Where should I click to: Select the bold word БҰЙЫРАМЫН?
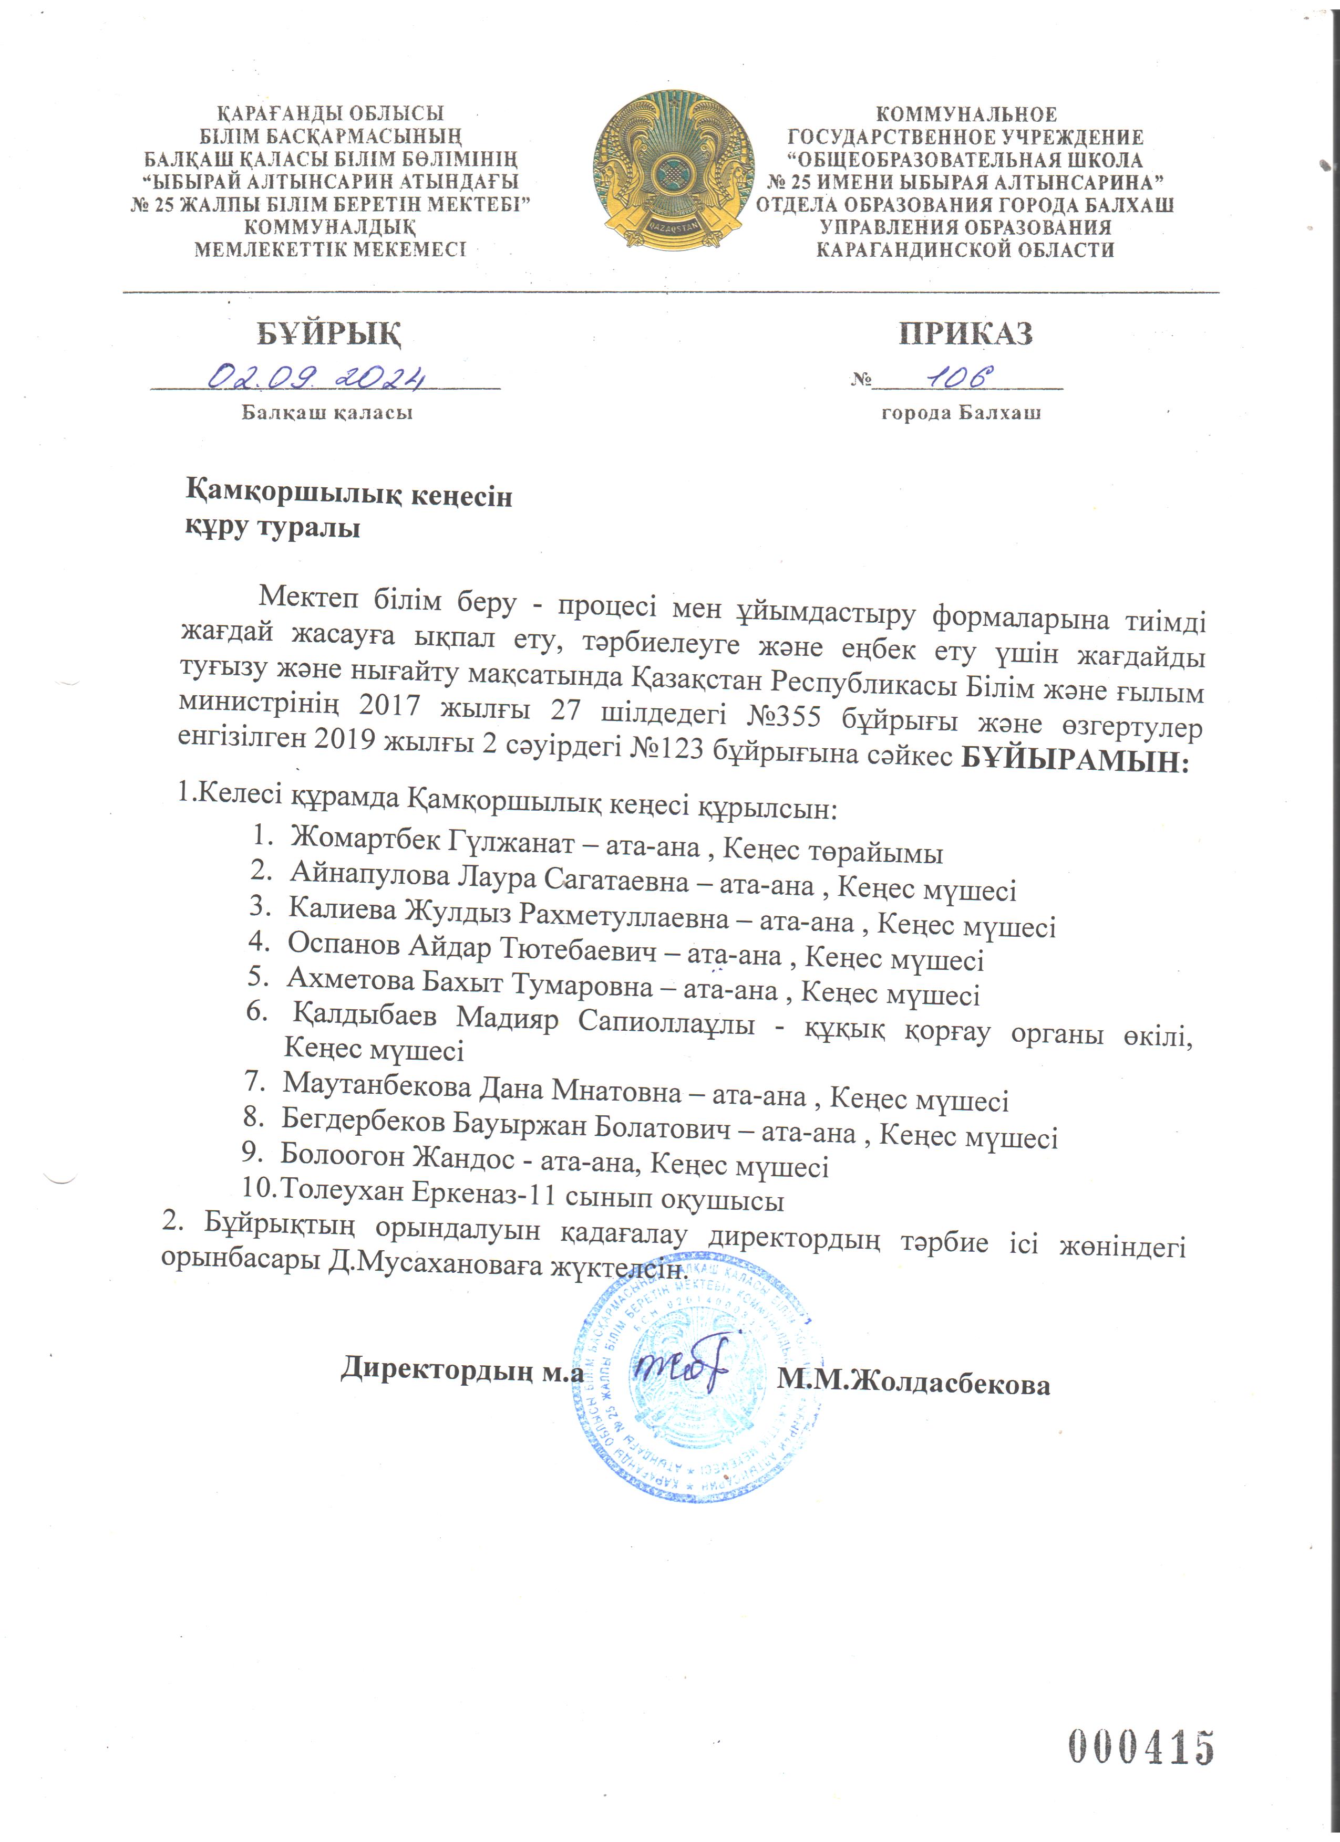(1074, 762)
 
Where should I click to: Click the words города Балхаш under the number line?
(961, 413)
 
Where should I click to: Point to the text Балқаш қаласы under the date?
(327, 413)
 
